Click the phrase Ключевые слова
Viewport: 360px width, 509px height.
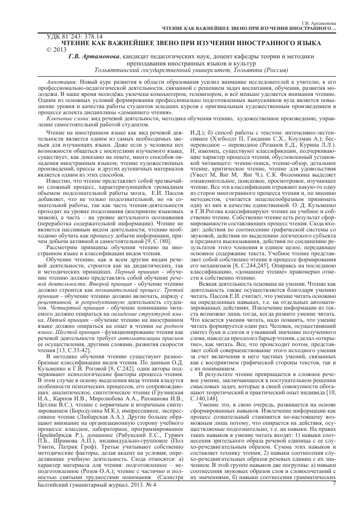(63, 118)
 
